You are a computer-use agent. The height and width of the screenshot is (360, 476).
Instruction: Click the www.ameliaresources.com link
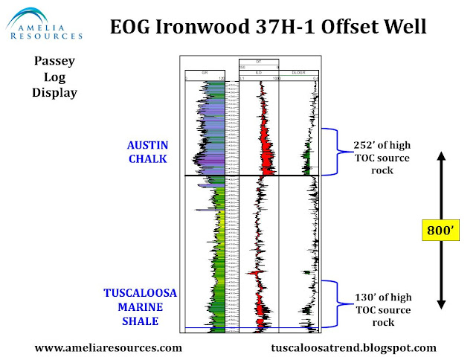(x=109, y=347)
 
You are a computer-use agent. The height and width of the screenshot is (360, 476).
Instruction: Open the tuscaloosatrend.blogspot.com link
(x=355, y=347)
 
